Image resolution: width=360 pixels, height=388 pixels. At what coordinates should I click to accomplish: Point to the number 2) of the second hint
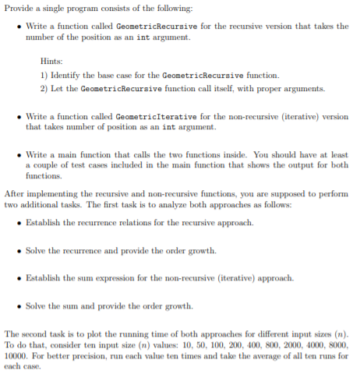coord(44,88)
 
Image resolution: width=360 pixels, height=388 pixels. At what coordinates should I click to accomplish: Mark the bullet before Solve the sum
coord(19,305)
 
